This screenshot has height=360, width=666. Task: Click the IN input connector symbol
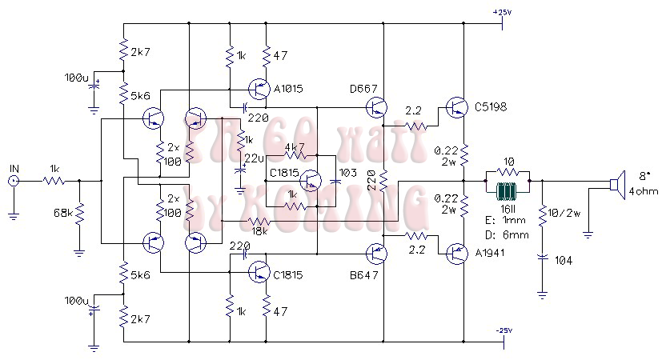point(14,182)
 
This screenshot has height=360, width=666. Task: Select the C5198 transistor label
point(490,106)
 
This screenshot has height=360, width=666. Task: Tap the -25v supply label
point(503,330)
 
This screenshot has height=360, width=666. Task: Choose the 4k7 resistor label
point(295,149)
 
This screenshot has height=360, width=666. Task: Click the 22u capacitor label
point(252,158)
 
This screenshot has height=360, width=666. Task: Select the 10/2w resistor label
point(565,212)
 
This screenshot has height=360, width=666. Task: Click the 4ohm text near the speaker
point(638,191)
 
